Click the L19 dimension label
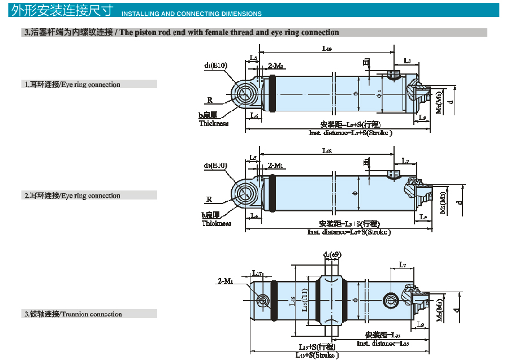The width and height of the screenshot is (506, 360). click(x=327, y=49)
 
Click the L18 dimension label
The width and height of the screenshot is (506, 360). click(x=327, y=151)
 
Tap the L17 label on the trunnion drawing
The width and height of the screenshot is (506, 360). click(x=257, y=274)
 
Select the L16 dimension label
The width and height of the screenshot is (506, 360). click(x=293, y=301)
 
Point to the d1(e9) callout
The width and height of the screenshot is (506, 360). click(x=332, y=255)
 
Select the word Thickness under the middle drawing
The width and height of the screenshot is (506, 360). click(x=217, y=223)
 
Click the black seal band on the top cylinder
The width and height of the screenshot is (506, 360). click(x=274, y=93)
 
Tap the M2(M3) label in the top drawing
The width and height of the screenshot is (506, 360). click(x=439, y=102)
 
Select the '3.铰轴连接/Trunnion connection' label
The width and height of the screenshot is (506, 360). click(x=73, y=314)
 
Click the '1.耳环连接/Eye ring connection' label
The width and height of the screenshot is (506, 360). click(x=72, y=84)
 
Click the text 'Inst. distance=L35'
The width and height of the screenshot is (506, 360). click(x=382, y=343)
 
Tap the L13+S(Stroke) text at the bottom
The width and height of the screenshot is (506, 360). click(x=317, y=355)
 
